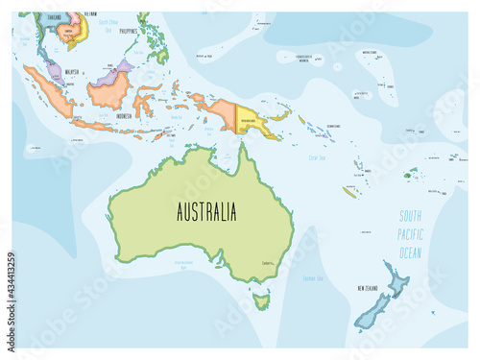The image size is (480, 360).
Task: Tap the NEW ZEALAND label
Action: click(x=372, y=287)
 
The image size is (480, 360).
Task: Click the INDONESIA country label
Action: click(x=123, y=116)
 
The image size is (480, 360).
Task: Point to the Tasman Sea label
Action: click(x=312, y=277)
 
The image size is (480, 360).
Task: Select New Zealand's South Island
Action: click(x=369, y=313)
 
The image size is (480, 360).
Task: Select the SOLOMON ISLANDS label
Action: click(x=333, y=126)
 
